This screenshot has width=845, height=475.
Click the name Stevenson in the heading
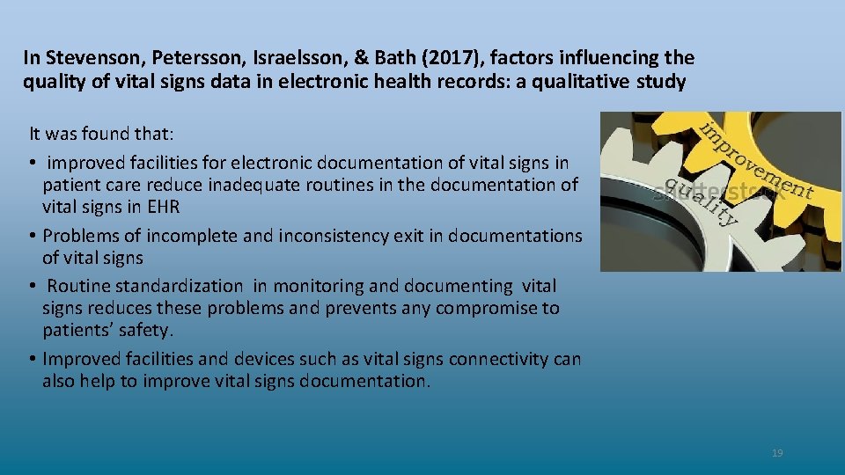click(84, 59)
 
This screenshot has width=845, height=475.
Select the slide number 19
click(776, 453)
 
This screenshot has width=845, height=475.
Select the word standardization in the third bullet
click(189, 286)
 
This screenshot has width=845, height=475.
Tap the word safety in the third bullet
click(150, 331)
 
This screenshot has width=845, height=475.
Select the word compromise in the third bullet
click(490, 309)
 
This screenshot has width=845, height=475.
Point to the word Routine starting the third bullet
click(78, 286)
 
